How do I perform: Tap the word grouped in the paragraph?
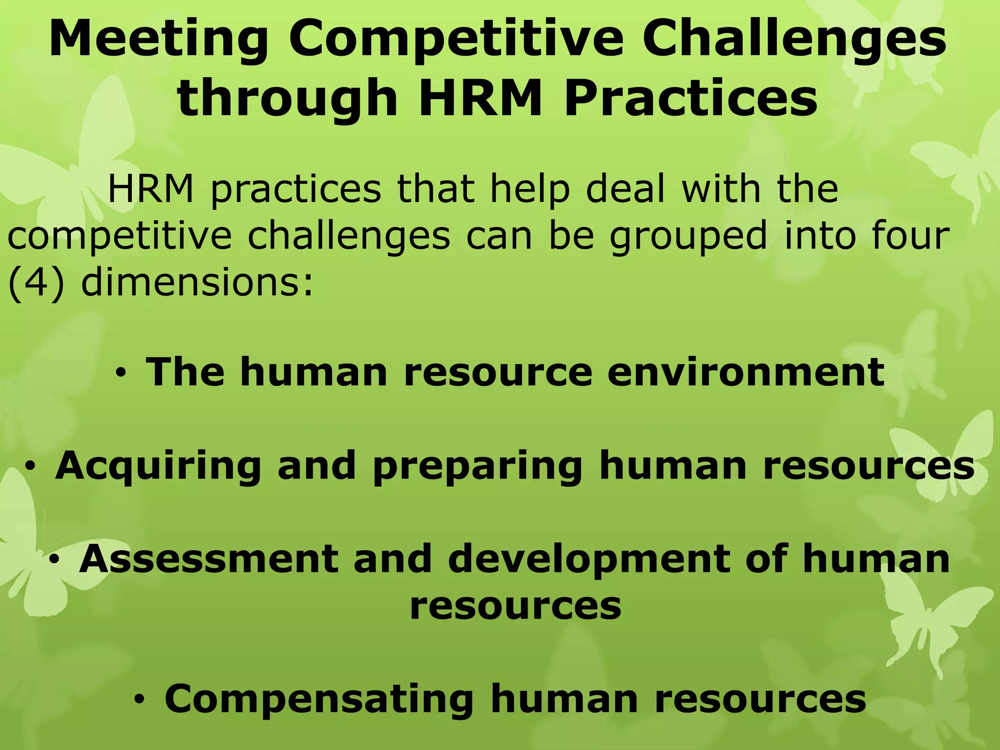tap(689, 237)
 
